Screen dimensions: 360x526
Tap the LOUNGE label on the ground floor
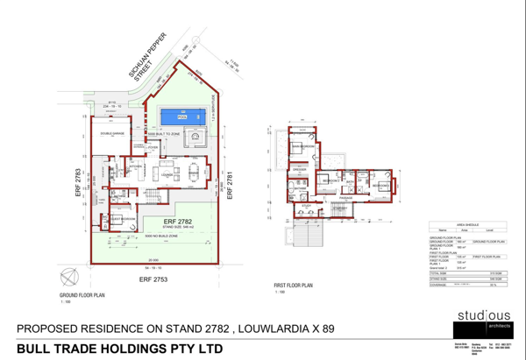(163, 175)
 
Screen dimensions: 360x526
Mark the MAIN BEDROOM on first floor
(303, 145)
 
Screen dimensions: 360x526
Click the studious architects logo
(484, 320)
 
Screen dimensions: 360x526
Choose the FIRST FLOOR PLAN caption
(294, 286)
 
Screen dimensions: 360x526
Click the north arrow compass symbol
(67, 279)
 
